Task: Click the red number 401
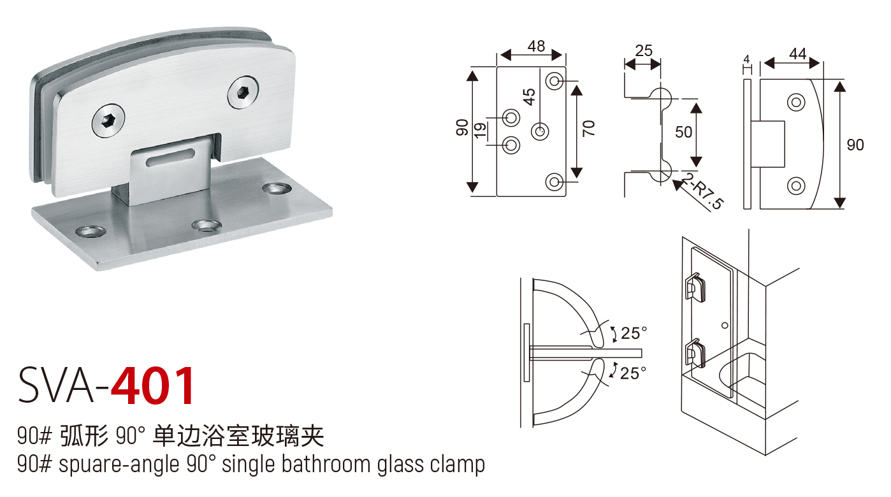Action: tap(153, 386)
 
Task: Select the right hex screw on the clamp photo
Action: tap(243, 92)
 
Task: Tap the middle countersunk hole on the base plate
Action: tap(205, 226)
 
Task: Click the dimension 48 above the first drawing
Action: tap(536, 46)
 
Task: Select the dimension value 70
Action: tap(589, 128)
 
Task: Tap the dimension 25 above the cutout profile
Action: tap(644, 50)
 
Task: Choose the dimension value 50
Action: tap(683, 132)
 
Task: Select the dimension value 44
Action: tap(797, 54)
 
